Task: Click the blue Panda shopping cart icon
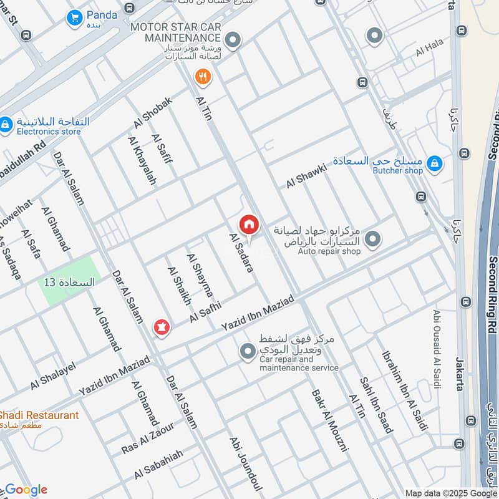[75, 18]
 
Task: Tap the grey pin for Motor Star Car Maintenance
[233, 41]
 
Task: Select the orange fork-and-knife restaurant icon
[202, 77]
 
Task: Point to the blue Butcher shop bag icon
[435, 165]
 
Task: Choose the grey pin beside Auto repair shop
[372, 239]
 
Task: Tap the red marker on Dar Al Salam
[162, 327]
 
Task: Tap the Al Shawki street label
[306, 176]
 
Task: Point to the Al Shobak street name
[152, 112]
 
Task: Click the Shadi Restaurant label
[39, 415]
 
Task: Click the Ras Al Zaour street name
[148, 437]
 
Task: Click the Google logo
[26, 490]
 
